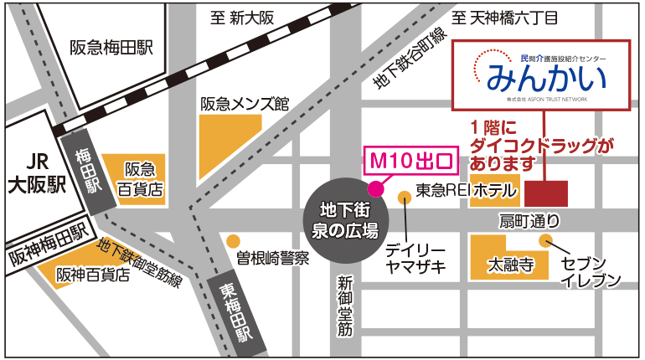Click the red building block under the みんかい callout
(x=545, y=193)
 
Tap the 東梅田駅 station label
(x=237, y=311)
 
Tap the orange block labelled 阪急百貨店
(x=133, y=177)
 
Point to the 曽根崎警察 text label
(x=272, y=257)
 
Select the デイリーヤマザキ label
(x=415, y=259)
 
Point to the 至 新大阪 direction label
(x=243, y=17)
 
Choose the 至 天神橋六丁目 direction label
(x=510, y=17)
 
